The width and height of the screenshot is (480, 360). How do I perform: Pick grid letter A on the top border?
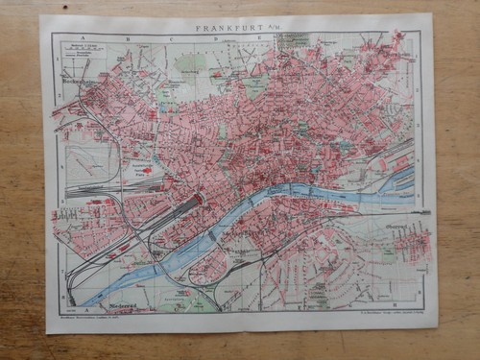pyautogui.click(x=87, y=38)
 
